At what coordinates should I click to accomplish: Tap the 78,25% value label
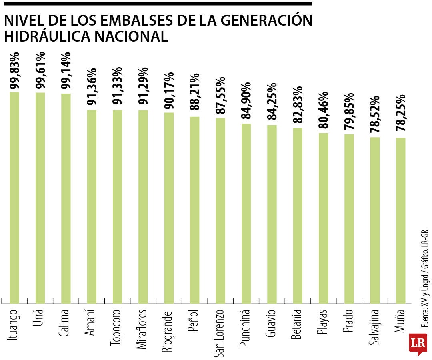click(x=401, y=114)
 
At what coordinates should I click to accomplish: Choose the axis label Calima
click(x=66, y=324)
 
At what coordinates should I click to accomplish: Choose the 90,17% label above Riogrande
click(x=169, y=90)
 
